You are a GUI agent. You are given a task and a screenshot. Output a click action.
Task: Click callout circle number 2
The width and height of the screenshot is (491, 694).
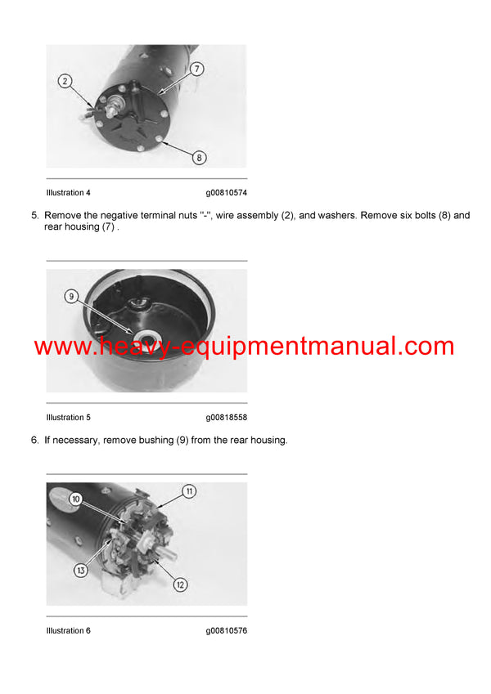click(65, 81)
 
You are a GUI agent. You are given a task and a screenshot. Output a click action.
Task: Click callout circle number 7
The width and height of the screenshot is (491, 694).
click(197, 69)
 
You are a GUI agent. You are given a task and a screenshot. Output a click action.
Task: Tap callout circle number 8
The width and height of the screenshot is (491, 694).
click(200, 157)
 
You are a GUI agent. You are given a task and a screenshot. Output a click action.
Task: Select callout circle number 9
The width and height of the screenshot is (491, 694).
click(71, 298)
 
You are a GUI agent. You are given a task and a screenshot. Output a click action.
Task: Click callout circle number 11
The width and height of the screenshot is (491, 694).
click(189, 491)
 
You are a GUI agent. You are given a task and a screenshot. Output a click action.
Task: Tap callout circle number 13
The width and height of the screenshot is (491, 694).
click(80, 570)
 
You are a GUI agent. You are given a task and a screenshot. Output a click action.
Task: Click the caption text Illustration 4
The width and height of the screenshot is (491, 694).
click(69, 193)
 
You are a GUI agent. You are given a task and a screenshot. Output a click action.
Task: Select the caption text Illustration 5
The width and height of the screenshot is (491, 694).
click(69, 418)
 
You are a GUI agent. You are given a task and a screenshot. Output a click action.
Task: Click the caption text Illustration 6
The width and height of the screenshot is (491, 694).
click(69, 630)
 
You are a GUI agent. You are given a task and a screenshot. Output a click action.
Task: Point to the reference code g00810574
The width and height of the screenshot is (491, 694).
click(226, 193)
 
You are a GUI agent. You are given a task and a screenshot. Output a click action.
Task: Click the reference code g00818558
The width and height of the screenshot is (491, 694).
click(226, 418)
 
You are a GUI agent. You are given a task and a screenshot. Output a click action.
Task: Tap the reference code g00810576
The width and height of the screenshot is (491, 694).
click(226, 630)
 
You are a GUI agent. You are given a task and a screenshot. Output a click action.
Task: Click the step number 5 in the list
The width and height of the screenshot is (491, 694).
click(34, 216)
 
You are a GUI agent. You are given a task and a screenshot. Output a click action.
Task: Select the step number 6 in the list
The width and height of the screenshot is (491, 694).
click(34, 441)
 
